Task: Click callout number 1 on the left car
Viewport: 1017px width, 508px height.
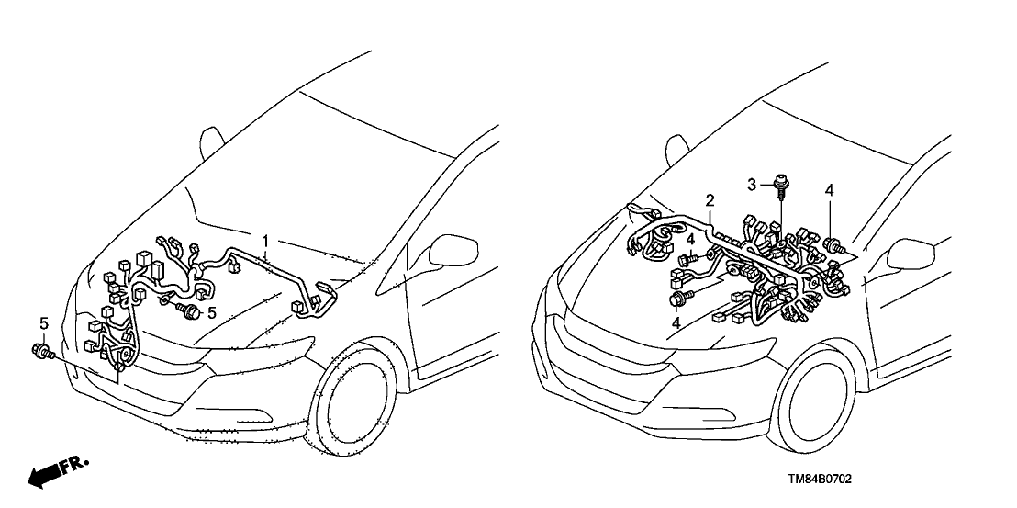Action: point(264,242)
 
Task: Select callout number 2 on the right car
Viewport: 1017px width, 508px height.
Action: point(710,200)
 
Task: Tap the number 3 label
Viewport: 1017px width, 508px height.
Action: point(752,185)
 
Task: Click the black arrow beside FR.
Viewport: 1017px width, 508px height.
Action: point(43,477)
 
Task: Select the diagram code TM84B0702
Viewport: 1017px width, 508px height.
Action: point(819,480)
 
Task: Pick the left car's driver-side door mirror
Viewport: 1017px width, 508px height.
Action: point(453,250)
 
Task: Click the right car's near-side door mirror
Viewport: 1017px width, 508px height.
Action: point(911,254)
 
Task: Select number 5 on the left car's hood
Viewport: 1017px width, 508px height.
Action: point(211,313)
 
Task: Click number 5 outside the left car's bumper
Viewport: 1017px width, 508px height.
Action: point(44,323)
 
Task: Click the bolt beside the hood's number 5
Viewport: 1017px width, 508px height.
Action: point(188,310)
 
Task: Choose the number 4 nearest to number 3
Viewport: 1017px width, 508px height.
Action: point(829,190)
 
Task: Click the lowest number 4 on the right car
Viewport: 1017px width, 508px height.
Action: point(676,322)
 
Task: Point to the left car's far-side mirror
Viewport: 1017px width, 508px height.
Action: point(211,142)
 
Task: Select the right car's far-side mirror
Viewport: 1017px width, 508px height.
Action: point(676,150)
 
